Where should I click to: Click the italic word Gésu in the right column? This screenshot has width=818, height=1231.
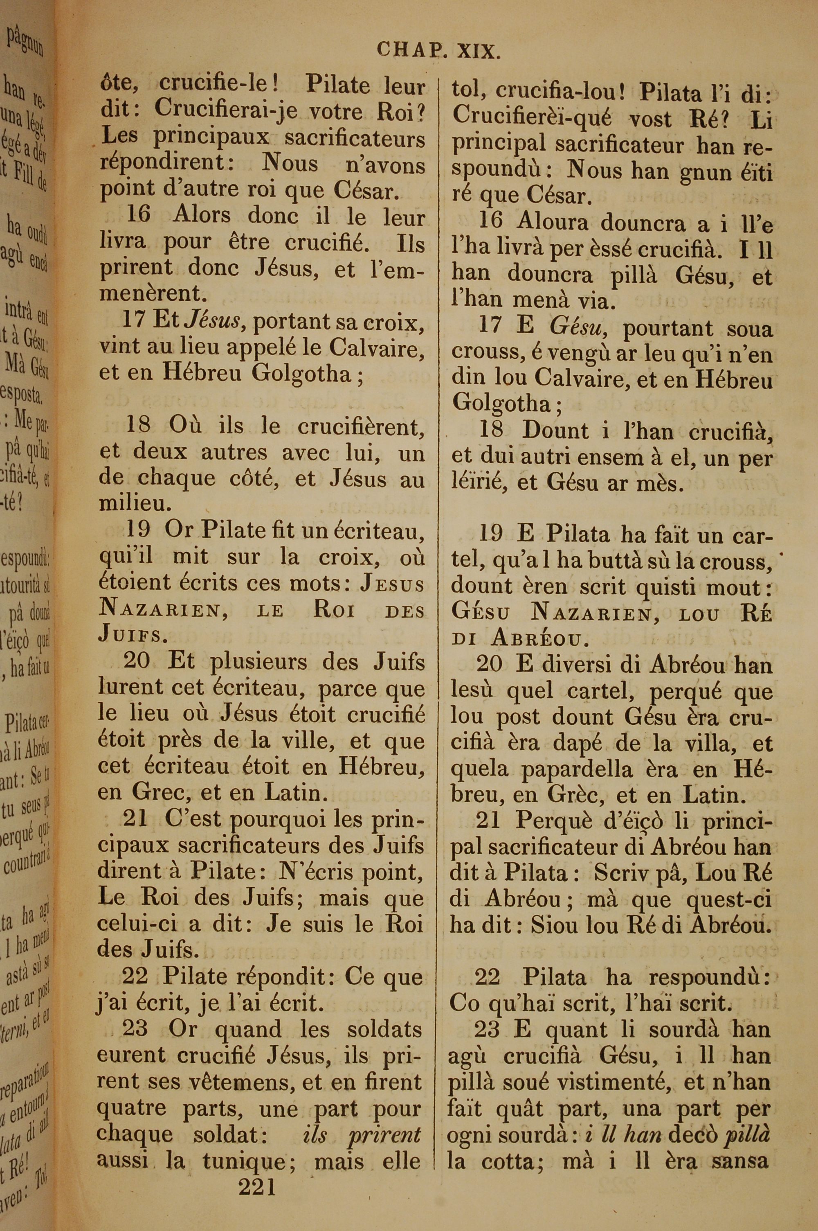pyautogui.click(x=576, y=328)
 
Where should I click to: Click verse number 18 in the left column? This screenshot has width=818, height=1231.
pyautogui.click(x=138, y=426)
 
